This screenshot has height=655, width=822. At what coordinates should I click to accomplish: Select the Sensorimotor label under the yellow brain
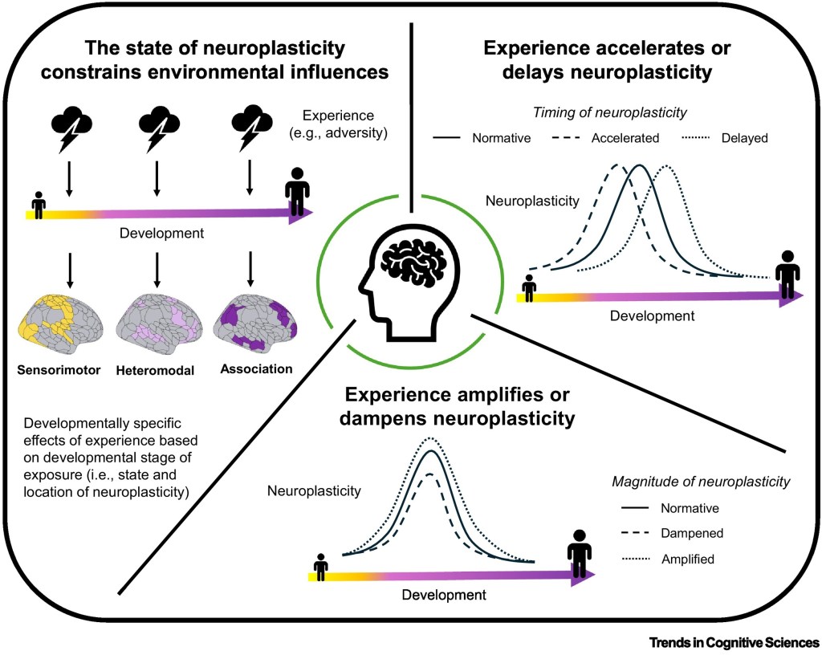pyautogui.click(x=58, y=370)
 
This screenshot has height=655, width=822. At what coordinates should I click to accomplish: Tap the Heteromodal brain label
pyautogui.click(x=156, y=370)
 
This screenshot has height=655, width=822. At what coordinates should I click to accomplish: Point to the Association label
pyautogui.click(x=257, y=370)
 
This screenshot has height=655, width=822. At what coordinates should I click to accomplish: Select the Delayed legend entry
pyautogui.click(x=743, y=138)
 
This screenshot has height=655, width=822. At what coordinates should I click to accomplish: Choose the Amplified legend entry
pyautogui.click(x=688, y=557)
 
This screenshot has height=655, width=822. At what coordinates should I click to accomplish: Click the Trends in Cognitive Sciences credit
pyautogui.click(x=735, y=642)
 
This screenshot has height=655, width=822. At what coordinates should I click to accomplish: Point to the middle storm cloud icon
pyautogui.click(x=157, y=128)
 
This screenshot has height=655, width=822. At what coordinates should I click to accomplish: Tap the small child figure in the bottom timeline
pyautogui.click(x=321, y=567)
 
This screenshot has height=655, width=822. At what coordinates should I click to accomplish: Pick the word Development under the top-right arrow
pyautogui.click(x=652, y=315)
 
